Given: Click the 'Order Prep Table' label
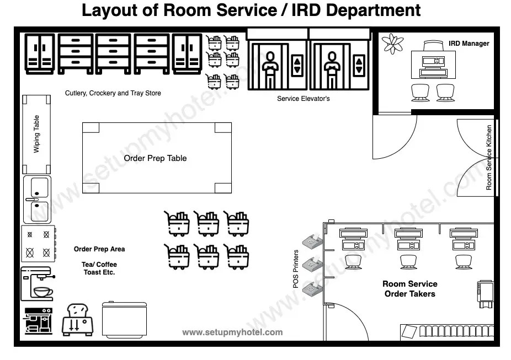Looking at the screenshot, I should [155, 158].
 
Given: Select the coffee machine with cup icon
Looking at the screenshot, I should [37, 283].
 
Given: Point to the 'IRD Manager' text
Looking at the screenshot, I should [469, 43].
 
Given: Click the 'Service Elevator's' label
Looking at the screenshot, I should [303, 99].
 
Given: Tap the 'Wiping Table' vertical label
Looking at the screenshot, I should [37, 134].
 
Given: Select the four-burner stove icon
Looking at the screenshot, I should [38, 244].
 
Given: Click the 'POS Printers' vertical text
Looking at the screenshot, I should [296, 269].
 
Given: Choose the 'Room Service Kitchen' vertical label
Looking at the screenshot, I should [489, 158].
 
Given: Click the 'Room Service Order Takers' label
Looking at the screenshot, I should [410, 289].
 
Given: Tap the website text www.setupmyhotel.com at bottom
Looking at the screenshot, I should [232, 332].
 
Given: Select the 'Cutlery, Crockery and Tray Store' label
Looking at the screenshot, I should [113, 93].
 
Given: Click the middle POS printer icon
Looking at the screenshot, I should [313, 264].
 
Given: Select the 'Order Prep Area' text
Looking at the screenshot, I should [99, 249].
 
